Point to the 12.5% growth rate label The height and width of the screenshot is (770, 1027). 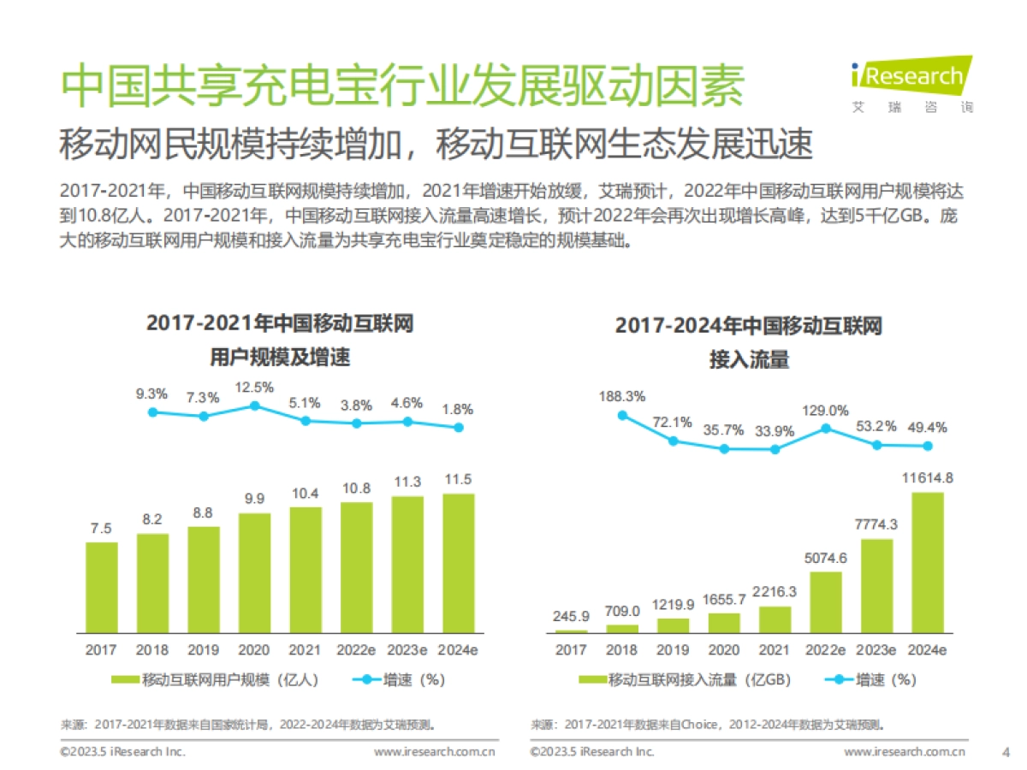254,387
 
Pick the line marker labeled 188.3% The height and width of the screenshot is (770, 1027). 622,415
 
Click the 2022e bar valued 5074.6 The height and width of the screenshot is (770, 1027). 825,601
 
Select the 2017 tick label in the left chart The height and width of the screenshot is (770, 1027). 101,650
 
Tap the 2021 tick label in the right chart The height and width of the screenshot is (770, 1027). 775,650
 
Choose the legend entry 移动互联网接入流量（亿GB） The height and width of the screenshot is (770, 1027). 685,680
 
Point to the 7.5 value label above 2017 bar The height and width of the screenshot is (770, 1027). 101,528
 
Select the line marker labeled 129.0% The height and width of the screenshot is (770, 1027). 825,428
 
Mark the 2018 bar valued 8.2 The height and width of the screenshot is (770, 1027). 152,583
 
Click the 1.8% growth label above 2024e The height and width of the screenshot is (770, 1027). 459,409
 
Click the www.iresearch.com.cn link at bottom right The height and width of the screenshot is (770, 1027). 905,751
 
